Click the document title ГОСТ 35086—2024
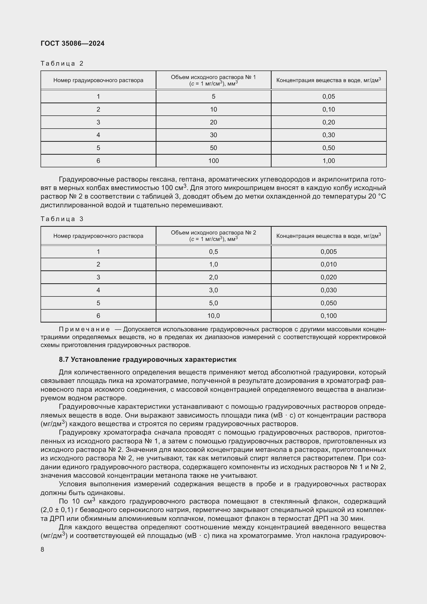click(73, 43)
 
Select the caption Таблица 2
click(62, 64)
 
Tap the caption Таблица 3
click(62, 219)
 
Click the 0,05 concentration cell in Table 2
click(329, 97)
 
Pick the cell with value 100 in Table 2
click(213, 161)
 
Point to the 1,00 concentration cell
click(329, 161)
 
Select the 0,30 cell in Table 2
click(329, 135)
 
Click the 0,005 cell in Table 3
click(329, 252)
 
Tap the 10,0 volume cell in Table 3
click(213, 316)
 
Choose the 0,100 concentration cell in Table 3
click(329, 316)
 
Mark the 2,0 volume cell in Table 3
click(213, 277)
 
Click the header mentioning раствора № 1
click(213, 80)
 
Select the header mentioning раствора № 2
click(213, 236)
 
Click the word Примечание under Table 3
click(84, 329)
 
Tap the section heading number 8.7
click(64, 360)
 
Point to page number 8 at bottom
click(42, 549)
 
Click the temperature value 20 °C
click(377, 197)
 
